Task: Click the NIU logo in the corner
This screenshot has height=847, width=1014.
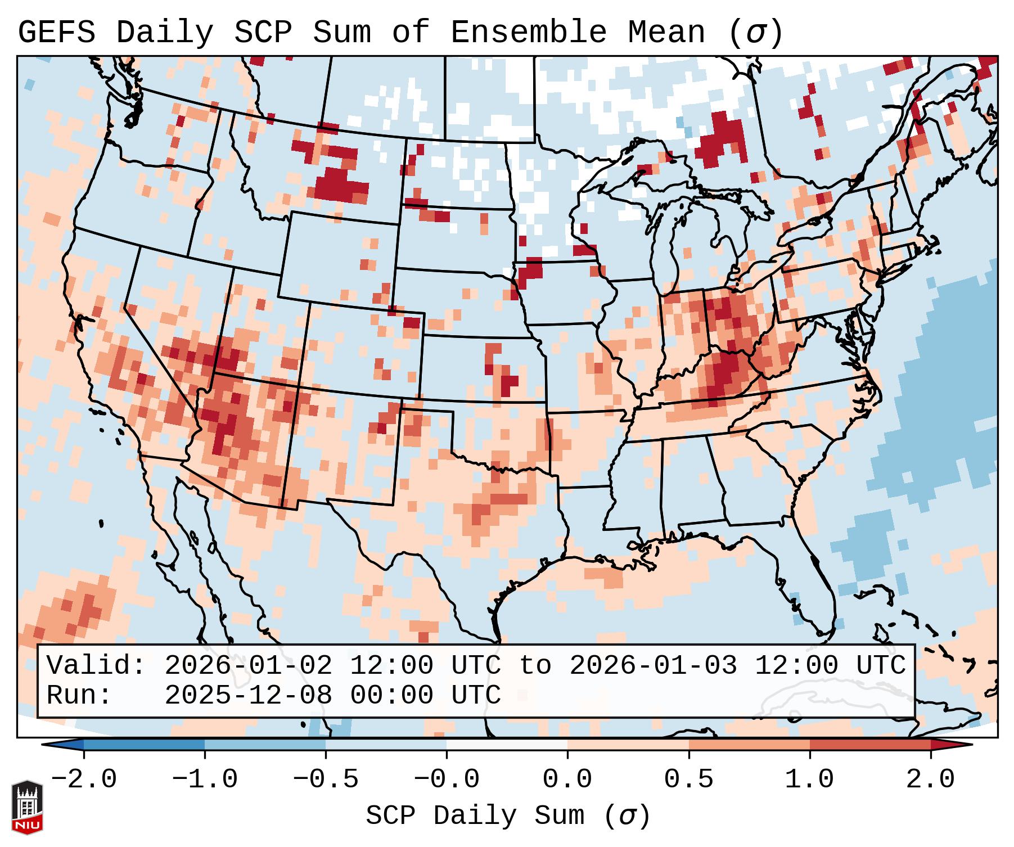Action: pyautogui.click(x=27, y=807)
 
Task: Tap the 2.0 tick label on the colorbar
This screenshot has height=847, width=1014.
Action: pyautogui.click(x=930, y=780)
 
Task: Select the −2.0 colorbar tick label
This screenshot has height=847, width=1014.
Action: pyautogui.click(x=84, y=780)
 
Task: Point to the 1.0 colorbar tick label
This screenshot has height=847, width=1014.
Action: pyautogui.click(x=809, y=780)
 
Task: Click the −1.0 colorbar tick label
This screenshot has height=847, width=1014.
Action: pyautogui.click(x=205, y=780)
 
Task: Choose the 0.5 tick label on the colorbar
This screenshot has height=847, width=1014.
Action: pyautogui.click(x=688, y=780)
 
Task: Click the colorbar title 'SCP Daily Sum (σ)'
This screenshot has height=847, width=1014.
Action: pyautogui.click(x=508, y=816)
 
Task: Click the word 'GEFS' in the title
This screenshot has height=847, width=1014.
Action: pyautogui.click(x=56, y=33)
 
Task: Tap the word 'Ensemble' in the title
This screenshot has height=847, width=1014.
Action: pyautogui.click(x=528, y=33)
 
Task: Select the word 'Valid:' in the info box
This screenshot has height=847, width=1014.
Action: pyautogui.click(x=96, y=665)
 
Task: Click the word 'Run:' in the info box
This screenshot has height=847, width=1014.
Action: pyautogui.click(x=79, y=695)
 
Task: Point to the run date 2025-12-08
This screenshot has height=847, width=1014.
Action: pyautogui.click(x=248, y=695)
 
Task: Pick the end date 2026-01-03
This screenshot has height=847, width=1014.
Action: pyautogui.click(x=653, y=665)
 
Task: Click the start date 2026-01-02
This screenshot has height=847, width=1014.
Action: pyautogui.click(x=248, y=665)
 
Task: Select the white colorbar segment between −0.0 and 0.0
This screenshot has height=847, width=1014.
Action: pyautogui.click(x=507, y=745)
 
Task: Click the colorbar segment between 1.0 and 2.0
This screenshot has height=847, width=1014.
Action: pyautogui.click(x=869, y=745)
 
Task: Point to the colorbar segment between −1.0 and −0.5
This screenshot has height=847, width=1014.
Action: pyautogui.click(x=265, y=745)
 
